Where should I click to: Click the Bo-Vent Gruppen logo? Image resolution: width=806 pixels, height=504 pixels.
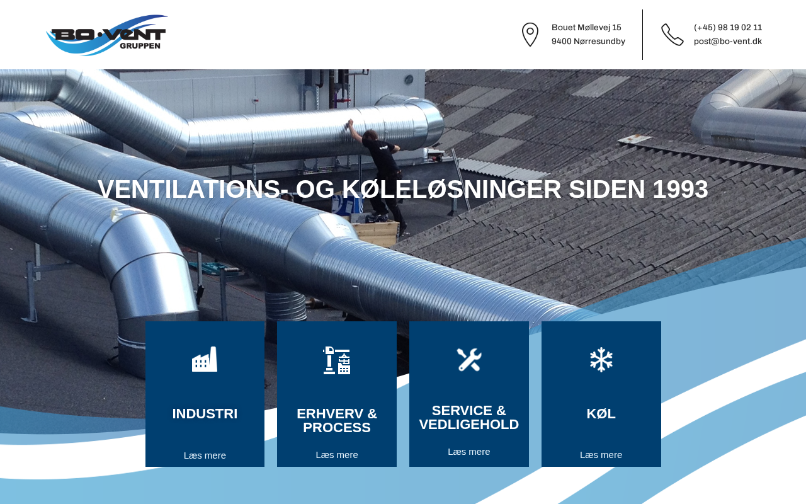[106, 35]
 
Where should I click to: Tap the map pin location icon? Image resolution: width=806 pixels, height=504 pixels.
[530, 35]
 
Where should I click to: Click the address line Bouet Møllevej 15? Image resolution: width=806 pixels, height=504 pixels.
[586, 27]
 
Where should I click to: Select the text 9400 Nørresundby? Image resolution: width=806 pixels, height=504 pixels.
[588, 42]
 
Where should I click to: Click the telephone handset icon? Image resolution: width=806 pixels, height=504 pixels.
[672, 35]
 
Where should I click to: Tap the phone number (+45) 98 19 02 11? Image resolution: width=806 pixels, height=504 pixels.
[727, 27]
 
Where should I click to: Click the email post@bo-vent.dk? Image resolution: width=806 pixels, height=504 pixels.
[727, 42]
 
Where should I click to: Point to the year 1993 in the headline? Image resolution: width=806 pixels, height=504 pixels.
[680, 189]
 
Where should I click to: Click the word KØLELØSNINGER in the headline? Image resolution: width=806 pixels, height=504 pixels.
[451, 189]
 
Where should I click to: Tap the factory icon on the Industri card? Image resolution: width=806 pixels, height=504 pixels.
[205, 359]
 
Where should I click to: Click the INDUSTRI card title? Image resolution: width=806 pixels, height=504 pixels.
[205, 414]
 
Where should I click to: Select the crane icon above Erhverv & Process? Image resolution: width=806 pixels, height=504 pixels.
[336, 360]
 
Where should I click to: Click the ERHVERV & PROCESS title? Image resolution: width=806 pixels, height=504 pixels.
[337, 420]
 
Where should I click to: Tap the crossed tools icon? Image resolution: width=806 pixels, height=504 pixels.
[469, 359]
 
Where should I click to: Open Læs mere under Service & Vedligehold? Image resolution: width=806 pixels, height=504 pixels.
[469, 452]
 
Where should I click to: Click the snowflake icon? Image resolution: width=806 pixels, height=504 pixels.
[601, 359]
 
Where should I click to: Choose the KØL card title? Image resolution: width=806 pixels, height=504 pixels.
[601, 414]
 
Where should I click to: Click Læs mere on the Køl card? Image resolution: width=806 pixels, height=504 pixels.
[601, 455]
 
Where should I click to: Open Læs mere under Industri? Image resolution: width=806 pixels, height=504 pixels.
[205, 455]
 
